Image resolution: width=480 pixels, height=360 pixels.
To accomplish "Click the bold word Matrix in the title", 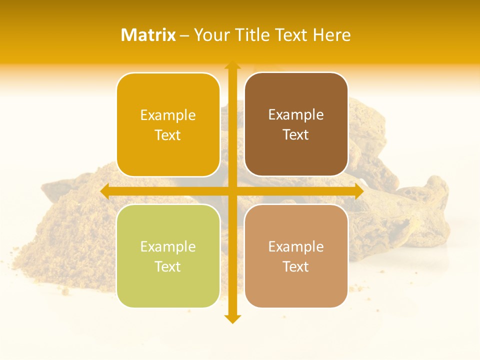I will click(x=148, y=35).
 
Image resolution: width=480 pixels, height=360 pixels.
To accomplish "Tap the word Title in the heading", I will click(x=253, y=35).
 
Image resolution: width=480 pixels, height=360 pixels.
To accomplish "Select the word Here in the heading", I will click(x=332, y=35).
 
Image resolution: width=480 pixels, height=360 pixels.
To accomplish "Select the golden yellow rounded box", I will click(x=168, y=124).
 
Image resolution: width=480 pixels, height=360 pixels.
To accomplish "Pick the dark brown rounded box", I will click(x=296, y=124).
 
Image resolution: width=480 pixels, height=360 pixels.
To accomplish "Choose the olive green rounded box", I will click(x=168, y=256).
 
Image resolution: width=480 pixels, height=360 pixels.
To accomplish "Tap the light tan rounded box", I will click(x=296, y=256).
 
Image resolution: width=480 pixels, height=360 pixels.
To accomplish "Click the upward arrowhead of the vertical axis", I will click(x=232, y=65).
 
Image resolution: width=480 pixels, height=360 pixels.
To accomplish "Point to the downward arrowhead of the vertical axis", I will click(x=232, y=318).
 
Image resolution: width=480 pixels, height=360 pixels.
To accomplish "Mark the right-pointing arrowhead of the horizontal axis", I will click(x=358, y=191).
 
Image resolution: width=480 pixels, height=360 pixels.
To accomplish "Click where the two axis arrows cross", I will click(x=232, y=191).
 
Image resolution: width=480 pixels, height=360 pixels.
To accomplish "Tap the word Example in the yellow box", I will click(x=168, y=115).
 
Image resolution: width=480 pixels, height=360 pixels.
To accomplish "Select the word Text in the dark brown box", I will click(x=296, y=134).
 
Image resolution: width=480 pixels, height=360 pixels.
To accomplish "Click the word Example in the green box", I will click(x=168, y=246).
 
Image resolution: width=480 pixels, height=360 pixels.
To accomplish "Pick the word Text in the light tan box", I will click(x=296, y=266).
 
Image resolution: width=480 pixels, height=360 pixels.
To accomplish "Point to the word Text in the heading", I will click(x=291, y=35).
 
